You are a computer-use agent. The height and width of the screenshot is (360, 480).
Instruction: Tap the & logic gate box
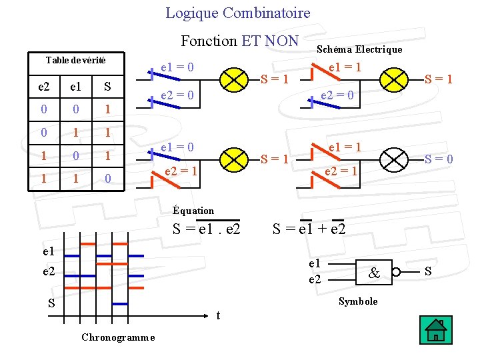click(x=375, y=272)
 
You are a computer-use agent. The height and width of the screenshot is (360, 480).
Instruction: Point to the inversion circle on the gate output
click(x=396, y=272)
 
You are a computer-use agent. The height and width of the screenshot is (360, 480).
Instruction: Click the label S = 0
click(x=439, y=159)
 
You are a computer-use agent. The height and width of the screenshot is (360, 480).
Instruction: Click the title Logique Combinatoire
click(x=238, y=13)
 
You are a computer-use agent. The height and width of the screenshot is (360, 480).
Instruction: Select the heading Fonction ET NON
click(x=239, y=41)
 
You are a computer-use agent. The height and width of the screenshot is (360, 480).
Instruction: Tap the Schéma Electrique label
click(x=359, y=49)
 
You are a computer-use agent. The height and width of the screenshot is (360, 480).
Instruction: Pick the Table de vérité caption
click(x=75, y=61)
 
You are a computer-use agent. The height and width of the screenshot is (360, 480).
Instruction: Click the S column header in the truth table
click(x=107, y=87)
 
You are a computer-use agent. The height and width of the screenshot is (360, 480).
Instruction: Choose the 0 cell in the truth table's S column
click(x=107, y=179)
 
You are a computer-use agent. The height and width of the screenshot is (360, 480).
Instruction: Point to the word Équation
click(x=193, y=211)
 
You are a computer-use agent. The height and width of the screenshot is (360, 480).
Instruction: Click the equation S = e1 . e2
click(x=206, y=230)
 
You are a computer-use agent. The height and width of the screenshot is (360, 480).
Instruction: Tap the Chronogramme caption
click(x=118, y=337)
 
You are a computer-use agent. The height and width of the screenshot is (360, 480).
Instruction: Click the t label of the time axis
click(x=219, y=315)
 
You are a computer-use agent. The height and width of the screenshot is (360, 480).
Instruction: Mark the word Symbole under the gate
click(x=358, y=301)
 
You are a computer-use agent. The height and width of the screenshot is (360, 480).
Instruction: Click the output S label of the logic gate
click(x=427, y=271)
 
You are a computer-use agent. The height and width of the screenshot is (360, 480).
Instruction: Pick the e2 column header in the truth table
click(x=43, y=87)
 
